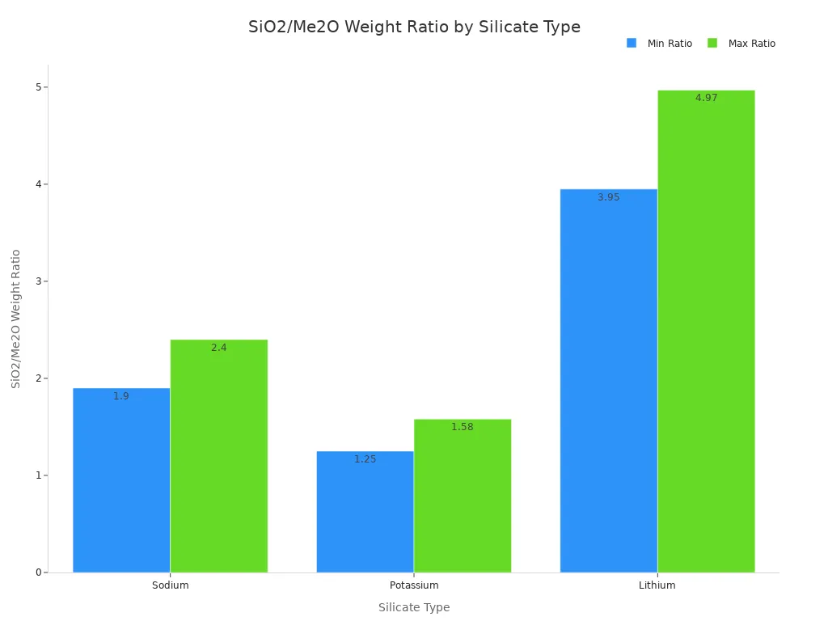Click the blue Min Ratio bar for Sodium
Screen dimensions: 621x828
click(121, 485)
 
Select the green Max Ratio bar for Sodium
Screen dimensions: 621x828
click(219, 461)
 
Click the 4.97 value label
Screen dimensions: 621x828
click(706, 98)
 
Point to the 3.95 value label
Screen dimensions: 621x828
click(608, 197)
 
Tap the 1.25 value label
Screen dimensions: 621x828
click(365, 459)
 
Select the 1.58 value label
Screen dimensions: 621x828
click(463, 427)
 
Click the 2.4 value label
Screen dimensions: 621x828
click(219, 348)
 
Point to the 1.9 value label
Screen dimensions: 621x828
click(121, 396)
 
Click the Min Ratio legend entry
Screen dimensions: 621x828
click(660, 44)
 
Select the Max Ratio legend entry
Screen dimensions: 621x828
click(741, 44)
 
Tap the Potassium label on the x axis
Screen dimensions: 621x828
click(414, 585)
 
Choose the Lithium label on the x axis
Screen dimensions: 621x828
click(657, 585)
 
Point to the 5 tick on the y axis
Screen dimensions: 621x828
click(37, 87)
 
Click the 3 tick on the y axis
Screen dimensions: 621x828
click(37, 281)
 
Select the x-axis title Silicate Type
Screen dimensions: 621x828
click(414, 607)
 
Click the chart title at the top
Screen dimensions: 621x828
click(414, 27)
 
